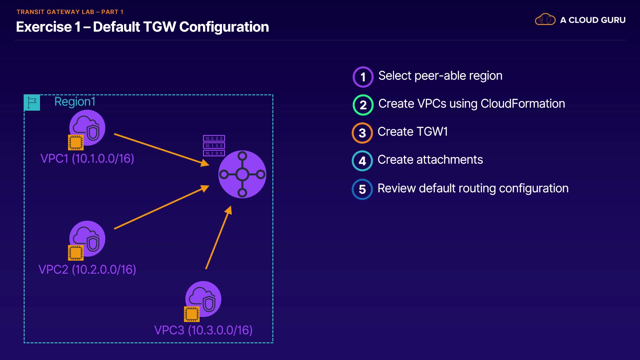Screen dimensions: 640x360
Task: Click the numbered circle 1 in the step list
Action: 363,77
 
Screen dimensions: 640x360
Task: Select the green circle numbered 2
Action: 363,105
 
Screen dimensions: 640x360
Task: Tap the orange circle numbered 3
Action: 362,133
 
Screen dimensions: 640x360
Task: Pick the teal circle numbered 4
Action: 362,161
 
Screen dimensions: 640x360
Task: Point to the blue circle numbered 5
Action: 362,189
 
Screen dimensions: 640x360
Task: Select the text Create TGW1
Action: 413,132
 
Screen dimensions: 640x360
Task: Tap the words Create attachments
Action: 430,160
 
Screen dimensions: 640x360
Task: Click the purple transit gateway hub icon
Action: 242,174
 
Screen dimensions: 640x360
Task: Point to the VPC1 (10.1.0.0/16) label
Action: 87,159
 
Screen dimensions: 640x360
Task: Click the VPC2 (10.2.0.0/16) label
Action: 87,269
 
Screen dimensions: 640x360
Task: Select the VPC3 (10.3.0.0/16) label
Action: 203,330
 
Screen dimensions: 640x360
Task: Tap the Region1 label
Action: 75,102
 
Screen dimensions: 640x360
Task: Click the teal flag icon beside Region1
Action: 32,103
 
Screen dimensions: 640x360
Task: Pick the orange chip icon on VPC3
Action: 192,314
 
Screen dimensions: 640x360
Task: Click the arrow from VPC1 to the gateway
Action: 162,149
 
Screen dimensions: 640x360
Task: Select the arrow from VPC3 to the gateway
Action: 218,237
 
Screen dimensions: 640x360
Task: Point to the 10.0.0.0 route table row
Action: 214,138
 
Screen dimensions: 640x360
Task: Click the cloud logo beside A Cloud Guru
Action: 545,19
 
